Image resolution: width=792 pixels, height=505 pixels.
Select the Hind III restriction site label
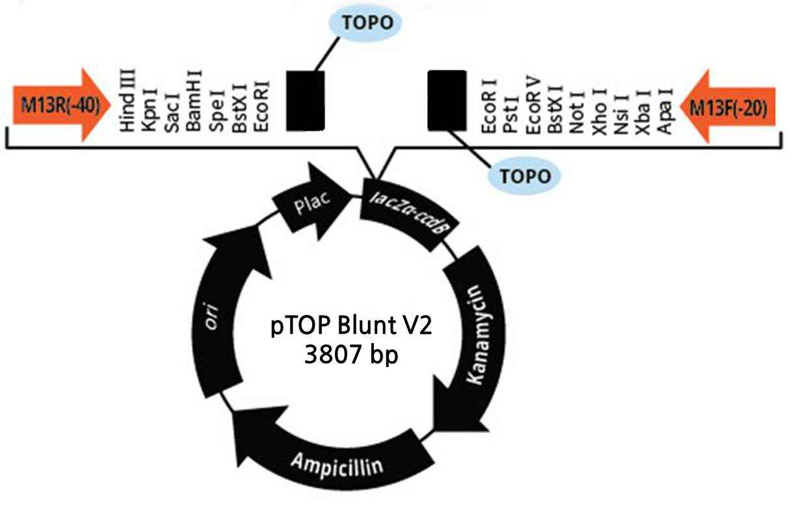tap(127, 100)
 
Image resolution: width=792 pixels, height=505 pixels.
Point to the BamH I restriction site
tap(194, 104)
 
